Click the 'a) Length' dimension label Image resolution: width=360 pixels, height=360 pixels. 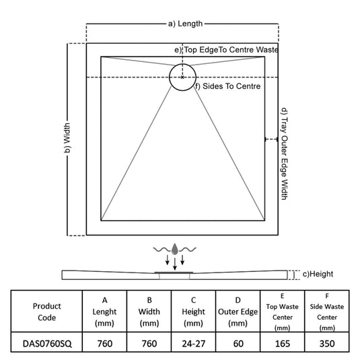pyautogui.click(x=185, y=24)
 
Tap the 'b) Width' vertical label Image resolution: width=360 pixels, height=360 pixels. pyautogui.click(x=67, y=138)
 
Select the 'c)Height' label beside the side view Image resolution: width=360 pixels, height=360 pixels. pyautogui.click(x=318, y=274)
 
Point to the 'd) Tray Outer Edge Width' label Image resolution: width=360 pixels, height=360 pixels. pyautogui.click(x=285, y=154)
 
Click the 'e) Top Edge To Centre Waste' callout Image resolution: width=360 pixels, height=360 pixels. pyautogui.click(x=226, y=50)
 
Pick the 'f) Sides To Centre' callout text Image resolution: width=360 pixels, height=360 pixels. pyautogui.click(x=227, y=86)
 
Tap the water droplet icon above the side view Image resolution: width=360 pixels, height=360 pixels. pyautogui.click(x=175, y=249)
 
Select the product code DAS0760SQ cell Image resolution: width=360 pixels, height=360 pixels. pyautogui.click(x=47, y=343)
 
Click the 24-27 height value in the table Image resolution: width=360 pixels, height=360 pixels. pyautogui.click(x=194, y=343)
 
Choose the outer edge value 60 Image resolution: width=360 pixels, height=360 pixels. pyautogui.click(x=238, y=343)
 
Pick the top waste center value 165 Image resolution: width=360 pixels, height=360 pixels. pyautogui.click(x=283, y=343)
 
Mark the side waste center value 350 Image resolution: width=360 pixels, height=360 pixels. pyautogui.click(x=327, y=343)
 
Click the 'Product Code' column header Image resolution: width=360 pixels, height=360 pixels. pyautogui.click(x=47, y=312)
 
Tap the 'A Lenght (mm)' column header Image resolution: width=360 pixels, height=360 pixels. pyautogui.click(x=104, y=312)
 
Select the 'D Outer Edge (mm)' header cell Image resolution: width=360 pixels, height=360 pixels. pyautogui.click(x=238, y=312)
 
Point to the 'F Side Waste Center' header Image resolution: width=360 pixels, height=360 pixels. pyautogui.click(x=327, y=312)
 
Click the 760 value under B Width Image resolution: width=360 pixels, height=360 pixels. pyautogui.click(x=149, y=343)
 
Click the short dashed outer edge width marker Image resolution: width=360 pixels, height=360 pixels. pyautogui.click(x=271, y=139)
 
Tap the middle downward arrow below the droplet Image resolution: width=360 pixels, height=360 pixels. pyautogui.click(x=175, y=264)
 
